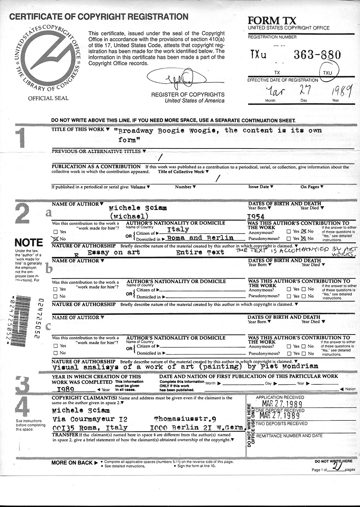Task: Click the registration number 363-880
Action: pyautogui.click(x=317, y=55)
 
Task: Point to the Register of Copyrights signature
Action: pyautogui.click(x=177, y=79)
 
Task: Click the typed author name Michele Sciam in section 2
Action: pyautogui.click(x=138, y=208)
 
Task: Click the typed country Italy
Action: pyautogui.click(x=178, y=229)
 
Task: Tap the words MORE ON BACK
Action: pyautogui.click(x=72, y=462)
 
